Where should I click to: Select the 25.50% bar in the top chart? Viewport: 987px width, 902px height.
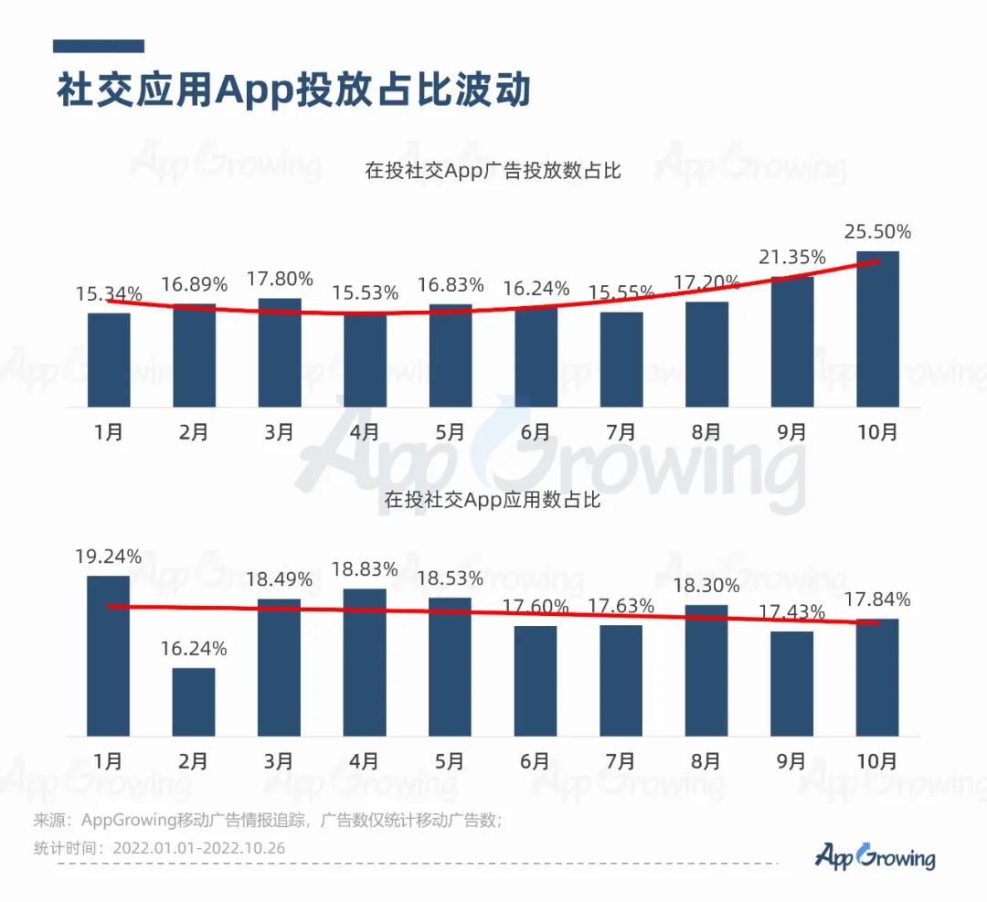[x=877, y=329]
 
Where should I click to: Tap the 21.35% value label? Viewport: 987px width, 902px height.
[x=792, y=257]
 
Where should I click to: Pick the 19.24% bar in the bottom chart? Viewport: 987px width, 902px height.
[x=109, y=655]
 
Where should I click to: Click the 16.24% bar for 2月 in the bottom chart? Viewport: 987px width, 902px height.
[x=194, y=702]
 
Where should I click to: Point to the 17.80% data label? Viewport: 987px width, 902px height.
[x=280, y=278]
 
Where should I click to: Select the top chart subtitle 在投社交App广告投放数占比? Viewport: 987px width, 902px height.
[x=493, y=170]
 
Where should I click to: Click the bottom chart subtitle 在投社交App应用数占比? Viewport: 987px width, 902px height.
[x=493, y=499]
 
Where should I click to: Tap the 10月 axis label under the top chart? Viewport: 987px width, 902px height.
[x=877, y=431]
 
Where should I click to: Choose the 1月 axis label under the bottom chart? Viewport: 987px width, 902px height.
[x=109, y=760]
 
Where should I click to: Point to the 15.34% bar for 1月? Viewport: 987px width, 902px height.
[x=109, y=360]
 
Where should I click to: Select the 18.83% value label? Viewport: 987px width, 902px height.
[x=365, y=568]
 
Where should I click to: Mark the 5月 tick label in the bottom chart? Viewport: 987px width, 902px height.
[x=451, y=760]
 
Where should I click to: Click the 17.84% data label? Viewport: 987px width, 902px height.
[x=877, y=600]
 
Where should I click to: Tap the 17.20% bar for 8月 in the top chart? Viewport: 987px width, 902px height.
[x=706, y=355]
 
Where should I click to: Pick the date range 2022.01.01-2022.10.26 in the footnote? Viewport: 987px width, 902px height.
[x=198, y=848]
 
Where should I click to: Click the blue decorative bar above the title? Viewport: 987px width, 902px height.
[x=99, y=46]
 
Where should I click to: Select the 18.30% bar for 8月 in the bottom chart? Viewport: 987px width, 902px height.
[x=706, y=670]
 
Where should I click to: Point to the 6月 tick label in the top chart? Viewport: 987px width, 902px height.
[x=536, y=431]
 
